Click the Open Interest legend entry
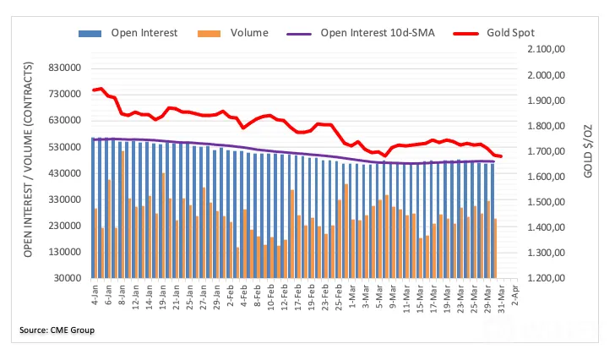pyautogui.click(x=128, y=33)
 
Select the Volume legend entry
pyautogui.click(x=233, y=33)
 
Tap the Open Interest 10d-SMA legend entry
pyautogui.click(x=361, y=33)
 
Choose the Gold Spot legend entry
pyautogui.click(x=494, y=33)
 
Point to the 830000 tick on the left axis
pyautogui.click(x=65, y=68)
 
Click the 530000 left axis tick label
pyautogui.click(x=65, y=147)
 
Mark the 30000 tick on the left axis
pyautogui.click(x=68, y=278)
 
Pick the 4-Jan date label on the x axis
pyautogui.click(x=95, y=295)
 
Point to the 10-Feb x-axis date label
pyautogui.click(x=270, y=297)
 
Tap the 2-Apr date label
pyautogui.click(x=515, y=295)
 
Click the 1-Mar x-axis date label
pyautogui.click(x=352, y=296)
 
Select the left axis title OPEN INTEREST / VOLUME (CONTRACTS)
pyautogui.click(x=27, y=160)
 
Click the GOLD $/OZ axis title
pyautogui.click(x=588, y=151)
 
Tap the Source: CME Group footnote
pyautogui.click(x=57, y=330)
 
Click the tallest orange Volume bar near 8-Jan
pyautogui.click(x=122, y=215)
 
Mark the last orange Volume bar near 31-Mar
pyautogui.click(x=495, y=248)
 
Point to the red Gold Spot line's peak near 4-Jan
pyautogui.click(x=101, y=89)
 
